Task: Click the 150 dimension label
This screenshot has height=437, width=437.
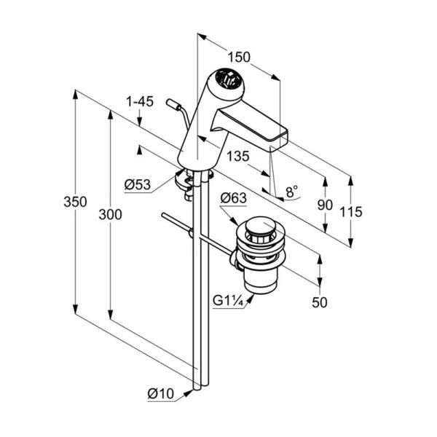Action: click(239, 58)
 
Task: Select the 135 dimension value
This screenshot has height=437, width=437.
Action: click(237, 157)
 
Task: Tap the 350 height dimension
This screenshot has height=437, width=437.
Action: click(75, 202)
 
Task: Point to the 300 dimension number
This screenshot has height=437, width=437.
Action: click(111, 215)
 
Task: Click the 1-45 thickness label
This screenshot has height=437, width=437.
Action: click(140, 101)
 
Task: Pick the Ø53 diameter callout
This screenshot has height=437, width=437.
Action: click(138, 184)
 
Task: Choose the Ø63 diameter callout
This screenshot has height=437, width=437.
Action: click(233, 198)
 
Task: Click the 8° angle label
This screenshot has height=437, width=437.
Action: click(292, 192)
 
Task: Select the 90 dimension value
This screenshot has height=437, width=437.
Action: click(325, 205)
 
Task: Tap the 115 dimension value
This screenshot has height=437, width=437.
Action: click(351, 212)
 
